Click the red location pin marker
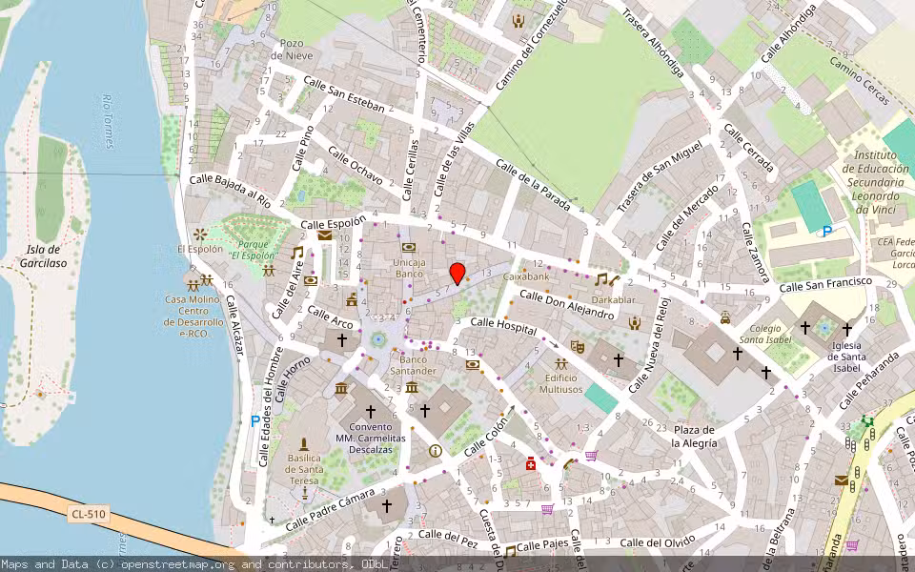pos(457,273)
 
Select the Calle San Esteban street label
pos(343,95)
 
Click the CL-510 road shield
pos(89,515)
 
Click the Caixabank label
pos(526,276)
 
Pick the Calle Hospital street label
pos(504,328)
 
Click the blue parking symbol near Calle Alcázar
pos(254,420)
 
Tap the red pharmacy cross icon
pos(531,463)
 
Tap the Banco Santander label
pos(412,365)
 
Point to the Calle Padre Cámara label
pos(330,510)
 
